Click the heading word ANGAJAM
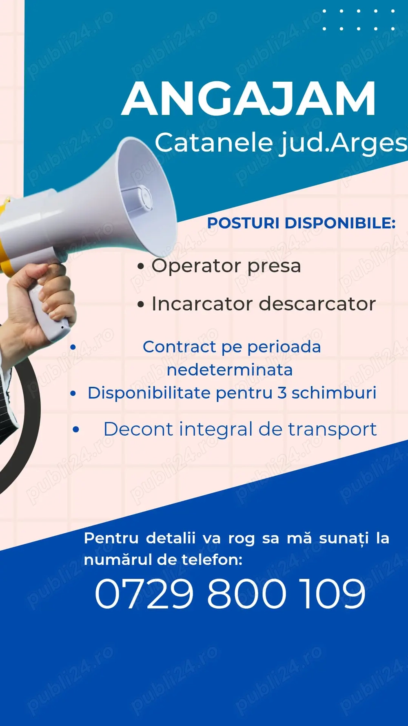pyautogui.click(x=248, y=99)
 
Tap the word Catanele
pyautogui.click(x=213, y=143)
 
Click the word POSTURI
pyautogui.click(x=243, y=223)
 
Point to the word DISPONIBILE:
pyautogui.click(x=340, y=223)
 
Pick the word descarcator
pyautogui.click(x=317, y=304)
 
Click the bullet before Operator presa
pyautogui.click(x=141, y=267)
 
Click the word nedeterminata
pyautogui.click(x=230, y=370)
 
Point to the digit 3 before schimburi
pyautogui.click(x=282, y=393)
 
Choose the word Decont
pyautogui.click(x=138, y=430)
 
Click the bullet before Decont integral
pyautogui.click(x=76, y=430)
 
